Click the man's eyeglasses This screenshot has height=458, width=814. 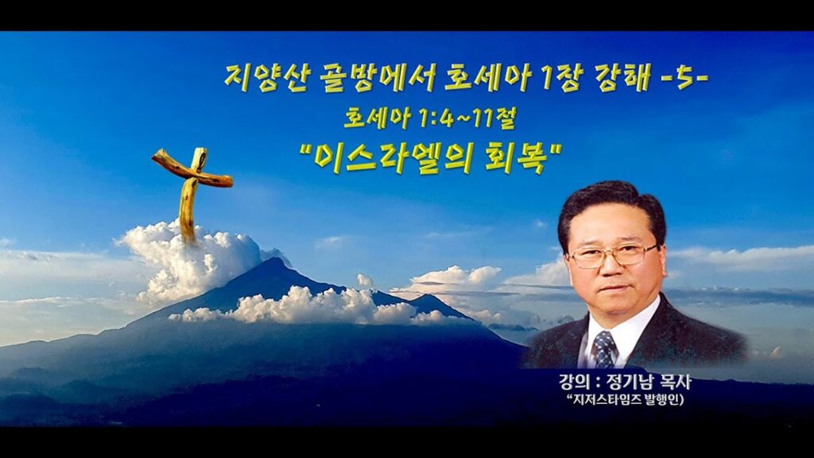tap(614, 255)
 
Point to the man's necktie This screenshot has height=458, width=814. tap(604, 349)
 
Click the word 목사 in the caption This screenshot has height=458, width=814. tap(678, 384)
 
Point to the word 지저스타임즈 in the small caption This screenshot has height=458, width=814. tap(603, 401)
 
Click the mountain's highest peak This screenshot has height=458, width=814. tap(273, 260)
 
